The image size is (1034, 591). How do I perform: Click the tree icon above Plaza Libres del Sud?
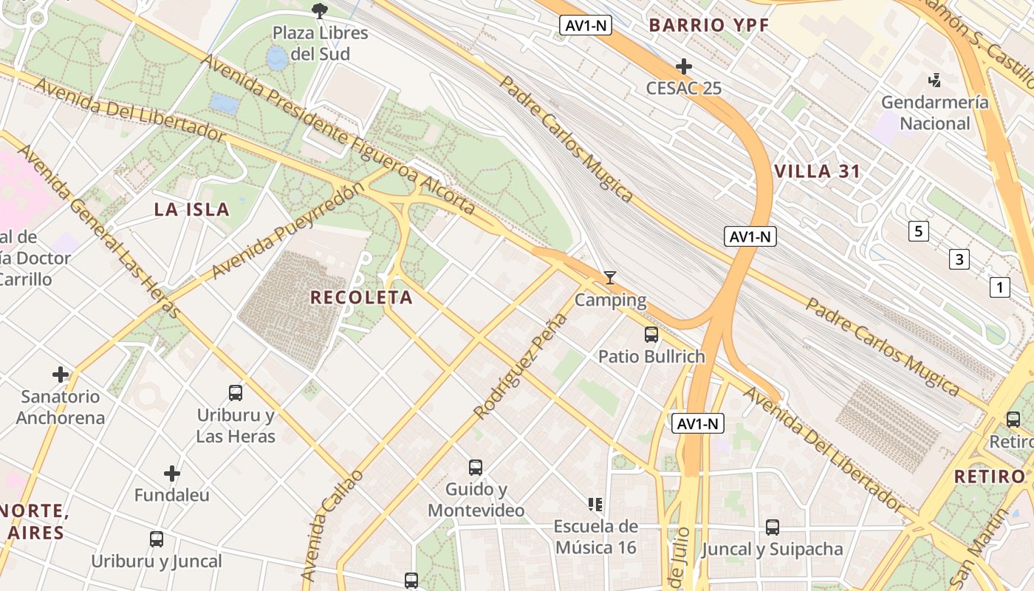pos(319,10)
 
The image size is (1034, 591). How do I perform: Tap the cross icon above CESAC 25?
pos(684,66)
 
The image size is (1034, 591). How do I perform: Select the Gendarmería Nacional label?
pos(934,112)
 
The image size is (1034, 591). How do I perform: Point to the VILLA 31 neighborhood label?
pos(818,172)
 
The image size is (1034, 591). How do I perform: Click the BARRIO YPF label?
pos(709,25)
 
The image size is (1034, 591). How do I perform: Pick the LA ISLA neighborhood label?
pos(192,210)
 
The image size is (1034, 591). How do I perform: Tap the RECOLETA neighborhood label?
pos(361,298)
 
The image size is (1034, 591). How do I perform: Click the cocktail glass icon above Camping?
pos(610,278)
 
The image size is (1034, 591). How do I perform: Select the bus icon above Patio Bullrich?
pos(651,335)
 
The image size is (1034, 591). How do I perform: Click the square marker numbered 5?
pos(918,231)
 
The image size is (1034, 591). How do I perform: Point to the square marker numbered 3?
pos(959,259)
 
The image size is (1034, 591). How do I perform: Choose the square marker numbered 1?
pos(999,287)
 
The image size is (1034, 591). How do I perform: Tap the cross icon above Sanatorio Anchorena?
pos(61,375)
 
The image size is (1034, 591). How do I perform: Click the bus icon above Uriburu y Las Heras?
pos(236,393)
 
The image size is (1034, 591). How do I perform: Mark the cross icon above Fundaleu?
pos(172,473)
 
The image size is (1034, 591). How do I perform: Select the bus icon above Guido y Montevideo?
pos(476,468)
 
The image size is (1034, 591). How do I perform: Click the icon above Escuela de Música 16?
pos(595,505)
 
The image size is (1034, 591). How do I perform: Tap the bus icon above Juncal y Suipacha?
pos(773,527)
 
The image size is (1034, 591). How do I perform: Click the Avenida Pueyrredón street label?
pos(288,230)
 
